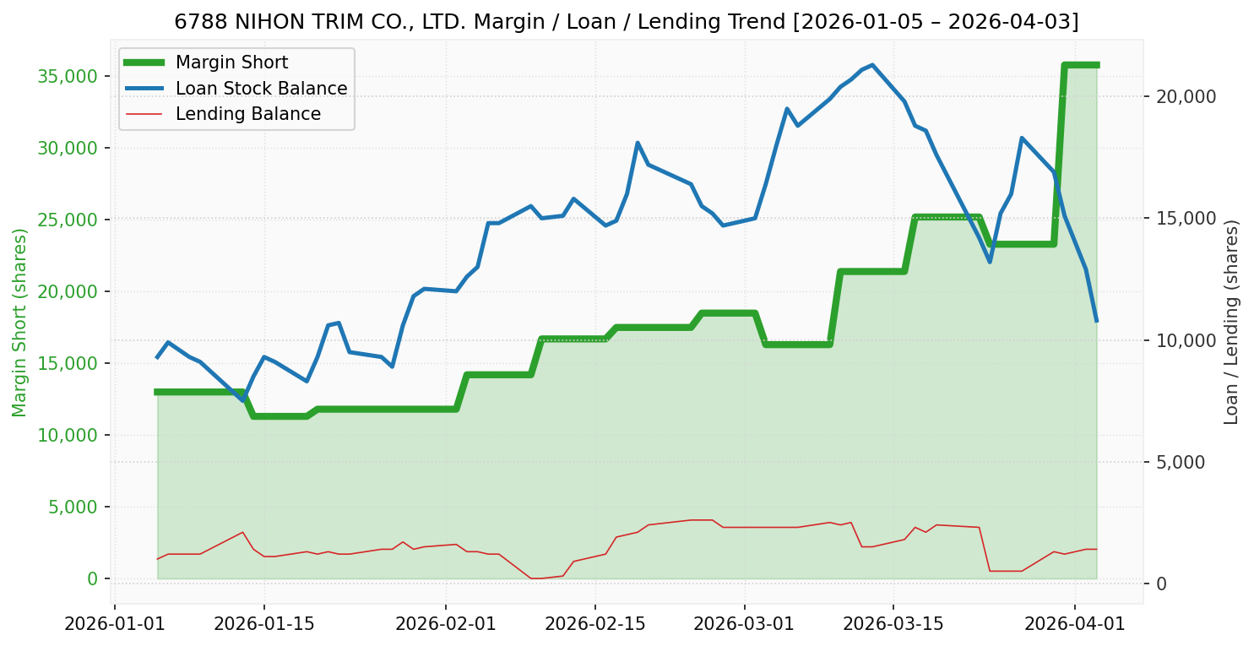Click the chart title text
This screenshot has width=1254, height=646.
point(626,21)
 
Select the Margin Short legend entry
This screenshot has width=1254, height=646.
point(231,62)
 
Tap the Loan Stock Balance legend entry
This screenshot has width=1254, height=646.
point(261,89)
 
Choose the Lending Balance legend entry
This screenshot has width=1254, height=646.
point(247,114)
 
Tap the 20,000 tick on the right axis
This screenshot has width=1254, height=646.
point(1186,96)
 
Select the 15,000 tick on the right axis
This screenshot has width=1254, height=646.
point(1186,219)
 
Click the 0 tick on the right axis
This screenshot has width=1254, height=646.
point(1163,584)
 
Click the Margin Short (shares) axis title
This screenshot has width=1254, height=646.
point(19,323)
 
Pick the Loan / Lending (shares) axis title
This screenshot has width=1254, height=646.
point(1231,323)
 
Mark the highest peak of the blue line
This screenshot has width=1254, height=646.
point(872,65)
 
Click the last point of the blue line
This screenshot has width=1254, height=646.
point(1096,321)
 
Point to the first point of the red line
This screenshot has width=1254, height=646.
point(157,559)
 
